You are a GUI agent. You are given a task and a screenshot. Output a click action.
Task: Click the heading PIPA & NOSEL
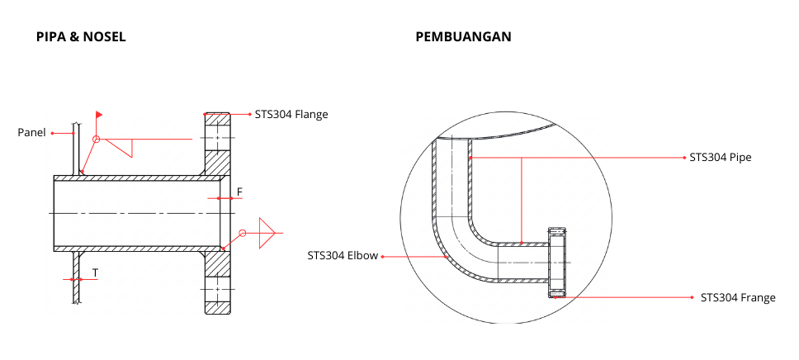coord(81,37)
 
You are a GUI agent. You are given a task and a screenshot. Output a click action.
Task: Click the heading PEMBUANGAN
coord(463,37)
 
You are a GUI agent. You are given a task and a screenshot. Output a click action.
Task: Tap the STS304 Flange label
coord(291,114)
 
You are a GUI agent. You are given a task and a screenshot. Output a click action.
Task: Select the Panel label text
coord(31,132)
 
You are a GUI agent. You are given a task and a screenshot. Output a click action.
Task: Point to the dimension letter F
coord(239,192)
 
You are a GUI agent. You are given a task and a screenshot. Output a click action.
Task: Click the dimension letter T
coord(95,272)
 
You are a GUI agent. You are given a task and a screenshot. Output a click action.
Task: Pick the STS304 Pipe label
coord(720,156)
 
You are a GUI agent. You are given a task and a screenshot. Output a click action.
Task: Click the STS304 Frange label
coord(738,297)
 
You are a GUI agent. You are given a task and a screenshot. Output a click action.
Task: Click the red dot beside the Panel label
coord(52,132)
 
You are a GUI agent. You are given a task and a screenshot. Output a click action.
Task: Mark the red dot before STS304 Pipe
coord(683,156)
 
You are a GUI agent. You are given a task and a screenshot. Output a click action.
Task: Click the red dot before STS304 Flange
coord(249,114)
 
